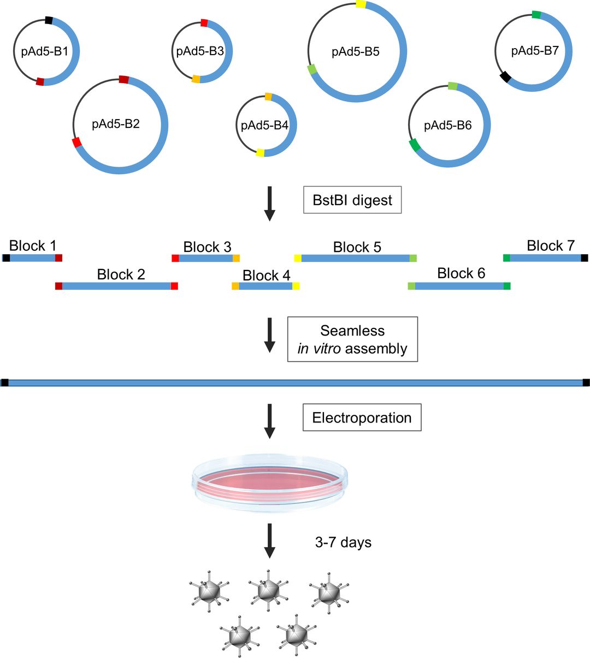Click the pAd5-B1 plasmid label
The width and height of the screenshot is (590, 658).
point(45,52)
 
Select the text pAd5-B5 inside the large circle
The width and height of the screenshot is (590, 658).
point(356,52)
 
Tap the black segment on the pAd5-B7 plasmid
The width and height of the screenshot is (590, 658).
point(506,77)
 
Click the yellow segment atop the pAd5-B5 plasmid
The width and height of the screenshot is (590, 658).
point(361,4)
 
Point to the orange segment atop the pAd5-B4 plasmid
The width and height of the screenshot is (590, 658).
point(268,97)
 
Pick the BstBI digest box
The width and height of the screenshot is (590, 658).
point(352,200)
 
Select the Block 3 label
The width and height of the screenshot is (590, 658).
point(207,247)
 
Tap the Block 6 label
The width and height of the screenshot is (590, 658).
point(461,273)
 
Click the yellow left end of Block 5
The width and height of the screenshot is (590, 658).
point(298,258)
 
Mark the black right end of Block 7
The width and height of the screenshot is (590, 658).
point(585,258)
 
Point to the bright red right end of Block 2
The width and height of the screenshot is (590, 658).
point(174,286)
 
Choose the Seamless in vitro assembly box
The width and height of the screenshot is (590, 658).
point(352,339)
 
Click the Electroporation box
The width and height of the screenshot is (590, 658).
point(362,418)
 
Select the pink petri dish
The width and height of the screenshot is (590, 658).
point(270,481)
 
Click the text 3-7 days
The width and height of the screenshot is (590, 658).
point(343,543)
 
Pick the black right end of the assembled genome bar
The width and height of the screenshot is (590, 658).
point(586,383)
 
